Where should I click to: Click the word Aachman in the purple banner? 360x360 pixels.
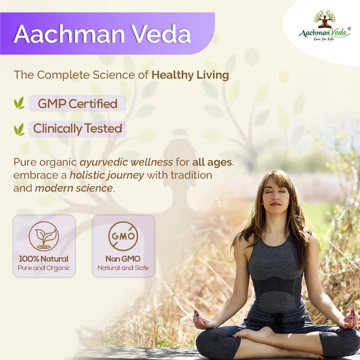tap(69, 34)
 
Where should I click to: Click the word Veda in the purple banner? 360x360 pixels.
tap(161, 34)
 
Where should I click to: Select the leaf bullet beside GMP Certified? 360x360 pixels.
tap(19, 103)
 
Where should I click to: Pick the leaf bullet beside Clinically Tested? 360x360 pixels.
tap(19, 129)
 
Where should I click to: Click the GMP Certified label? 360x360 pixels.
tap(78, 103)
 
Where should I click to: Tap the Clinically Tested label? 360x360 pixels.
tap(78, 129)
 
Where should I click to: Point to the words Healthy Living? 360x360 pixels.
tap(190, 75)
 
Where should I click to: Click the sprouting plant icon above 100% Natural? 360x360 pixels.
tap(44, 236)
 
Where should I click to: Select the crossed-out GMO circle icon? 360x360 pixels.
tap(123, 236)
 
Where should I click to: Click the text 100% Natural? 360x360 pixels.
tap(44, 259)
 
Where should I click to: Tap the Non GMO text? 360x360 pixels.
tap(123, 259)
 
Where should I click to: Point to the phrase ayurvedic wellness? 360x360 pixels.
tap(126, 163)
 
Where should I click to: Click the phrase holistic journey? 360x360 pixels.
tap(107, 175)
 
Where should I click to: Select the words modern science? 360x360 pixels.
tap(74, 188)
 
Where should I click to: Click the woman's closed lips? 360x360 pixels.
tap(276, 204)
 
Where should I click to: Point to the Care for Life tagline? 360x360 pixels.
tap(324, 39)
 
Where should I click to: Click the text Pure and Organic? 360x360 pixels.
tap(44, 268)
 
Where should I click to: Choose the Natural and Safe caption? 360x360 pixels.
tap(123, 268)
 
